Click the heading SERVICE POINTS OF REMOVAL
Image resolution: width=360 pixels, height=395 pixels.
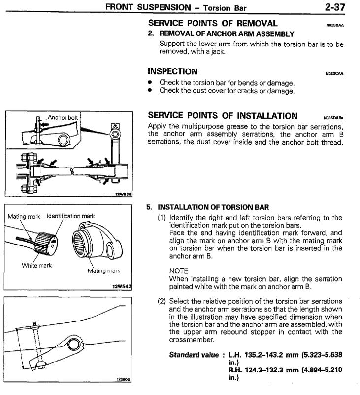[213, 23]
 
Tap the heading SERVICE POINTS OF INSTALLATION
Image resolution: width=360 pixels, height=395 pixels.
[223, 116]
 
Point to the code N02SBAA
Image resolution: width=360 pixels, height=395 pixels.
[334, 24]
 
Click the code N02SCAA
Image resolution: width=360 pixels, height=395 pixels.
[334, 74]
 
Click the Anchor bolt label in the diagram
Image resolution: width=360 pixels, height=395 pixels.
[63, 118]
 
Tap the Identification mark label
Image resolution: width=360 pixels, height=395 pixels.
[71, 216]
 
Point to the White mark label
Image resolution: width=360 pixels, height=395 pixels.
[36, 266]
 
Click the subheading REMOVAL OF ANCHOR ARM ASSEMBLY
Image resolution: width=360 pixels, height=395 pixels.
[227, 34]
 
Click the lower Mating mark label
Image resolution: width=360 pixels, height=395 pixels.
[104, 271]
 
